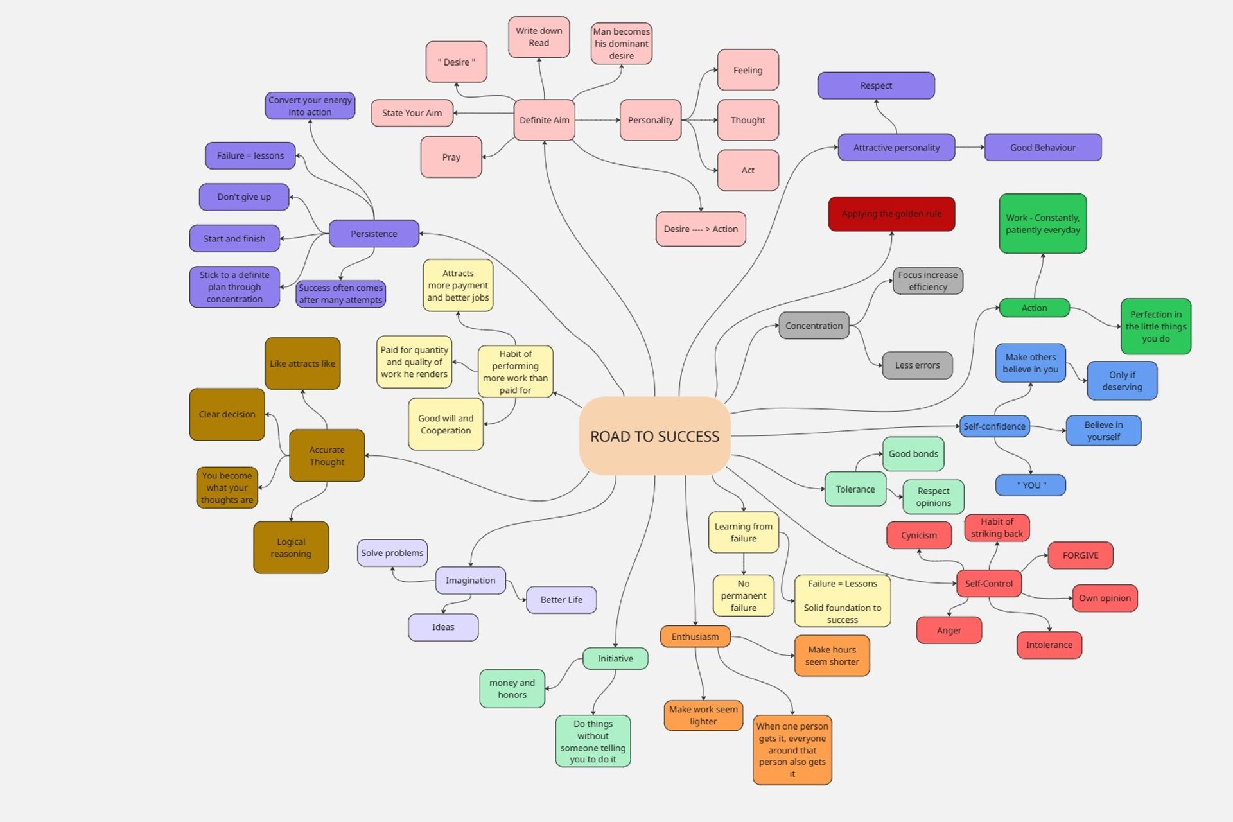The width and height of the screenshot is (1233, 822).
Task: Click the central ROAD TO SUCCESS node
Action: (654, 436)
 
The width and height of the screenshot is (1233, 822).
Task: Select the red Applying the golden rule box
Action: (891, 214)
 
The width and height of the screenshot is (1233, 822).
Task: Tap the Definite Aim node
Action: (544, 120)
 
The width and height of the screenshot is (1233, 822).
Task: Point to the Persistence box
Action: (374, 234)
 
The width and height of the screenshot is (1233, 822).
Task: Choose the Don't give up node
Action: (244, 197)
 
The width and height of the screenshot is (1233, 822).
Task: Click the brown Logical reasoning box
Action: (291, 547)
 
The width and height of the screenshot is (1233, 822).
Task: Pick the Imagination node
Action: (470, 581)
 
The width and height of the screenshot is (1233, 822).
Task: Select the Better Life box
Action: (561, 600)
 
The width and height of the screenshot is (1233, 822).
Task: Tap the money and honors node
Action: (512, 688)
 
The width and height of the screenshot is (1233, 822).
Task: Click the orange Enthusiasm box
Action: (695, 636)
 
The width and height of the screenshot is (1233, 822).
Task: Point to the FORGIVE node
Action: (1080, 555)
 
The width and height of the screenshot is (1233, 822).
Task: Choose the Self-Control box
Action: (988, 584)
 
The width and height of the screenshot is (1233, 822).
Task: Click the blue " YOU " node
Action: (1031, 485)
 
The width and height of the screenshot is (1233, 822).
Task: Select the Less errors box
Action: (917, 365)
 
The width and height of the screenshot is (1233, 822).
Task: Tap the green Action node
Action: (1034, 308)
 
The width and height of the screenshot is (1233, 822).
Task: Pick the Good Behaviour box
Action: (1042, 148)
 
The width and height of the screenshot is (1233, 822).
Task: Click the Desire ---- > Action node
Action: (701, 229)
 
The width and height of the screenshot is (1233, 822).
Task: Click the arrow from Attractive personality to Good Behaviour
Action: (969, 148)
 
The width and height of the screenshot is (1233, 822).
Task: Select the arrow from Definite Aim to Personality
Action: (597, 120)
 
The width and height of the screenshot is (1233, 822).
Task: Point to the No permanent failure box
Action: (743, 595)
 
